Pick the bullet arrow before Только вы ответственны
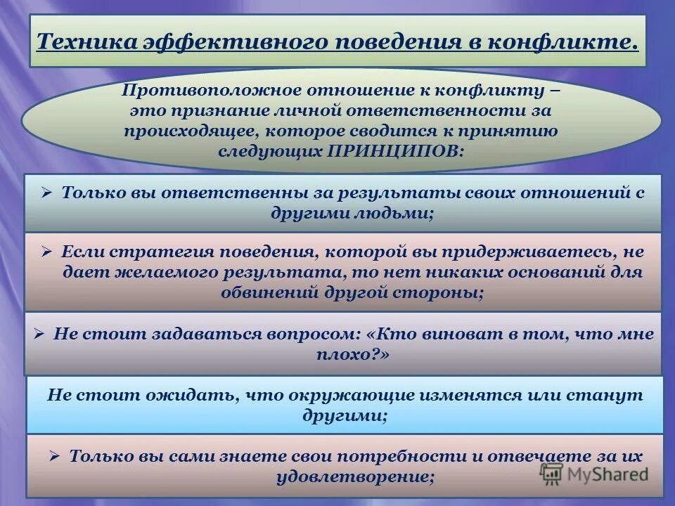47,193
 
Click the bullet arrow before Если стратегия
47,251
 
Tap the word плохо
349,355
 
